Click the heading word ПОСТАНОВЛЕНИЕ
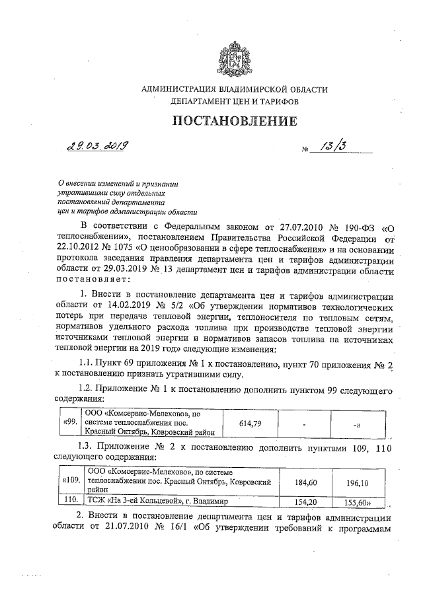(x=231, y=121)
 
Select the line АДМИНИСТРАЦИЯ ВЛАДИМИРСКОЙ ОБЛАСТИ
(x=235, y=89)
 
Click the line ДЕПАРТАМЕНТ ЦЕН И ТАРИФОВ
(x=235, y=102)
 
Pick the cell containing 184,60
(x=300, y=482)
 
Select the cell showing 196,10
(x=357, y=482)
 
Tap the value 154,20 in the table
(x=300, y=502)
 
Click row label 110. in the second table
(x=71, y=502)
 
